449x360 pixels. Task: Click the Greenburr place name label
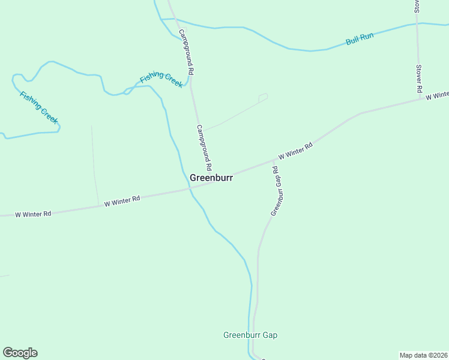[211, 178]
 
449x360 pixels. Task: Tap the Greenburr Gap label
[250, 335]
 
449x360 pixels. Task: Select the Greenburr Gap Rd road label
[276, 190]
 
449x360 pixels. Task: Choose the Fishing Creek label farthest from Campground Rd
[39, 107]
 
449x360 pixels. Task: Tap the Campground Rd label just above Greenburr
[204, 147]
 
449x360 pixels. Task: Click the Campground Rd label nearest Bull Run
[186, 54]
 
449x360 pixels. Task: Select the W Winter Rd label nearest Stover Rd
[437, 96]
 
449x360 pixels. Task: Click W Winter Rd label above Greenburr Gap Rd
[295, 151]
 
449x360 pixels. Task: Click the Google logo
[20, 353]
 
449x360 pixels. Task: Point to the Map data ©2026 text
[424, 355]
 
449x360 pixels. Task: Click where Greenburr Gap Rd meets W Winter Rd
[275, 160]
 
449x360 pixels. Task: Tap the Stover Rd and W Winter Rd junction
[420, 100]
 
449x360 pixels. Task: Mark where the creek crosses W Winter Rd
[190, 188]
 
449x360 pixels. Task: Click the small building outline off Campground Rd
[263, 97]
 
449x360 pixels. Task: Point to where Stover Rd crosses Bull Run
[418, 24]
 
